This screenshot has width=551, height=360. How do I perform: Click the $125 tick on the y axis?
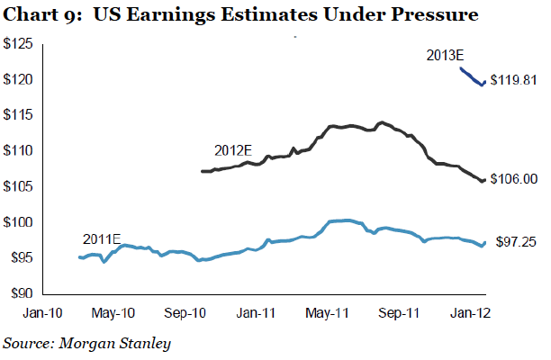(x=20, y=44)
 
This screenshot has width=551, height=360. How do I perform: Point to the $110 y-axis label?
(x=20, y=151)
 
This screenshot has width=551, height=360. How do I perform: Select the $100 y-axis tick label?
(x=20, y=222)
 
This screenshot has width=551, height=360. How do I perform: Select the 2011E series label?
(x=101, y=238)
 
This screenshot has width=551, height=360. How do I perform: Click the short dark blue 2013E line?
(x=473, y=77)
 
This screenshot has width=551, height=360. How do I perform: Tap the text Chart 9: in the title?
(x=35, y=15)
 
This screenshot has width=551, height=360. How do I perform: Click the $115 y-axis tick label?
(x=20, y=115)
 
